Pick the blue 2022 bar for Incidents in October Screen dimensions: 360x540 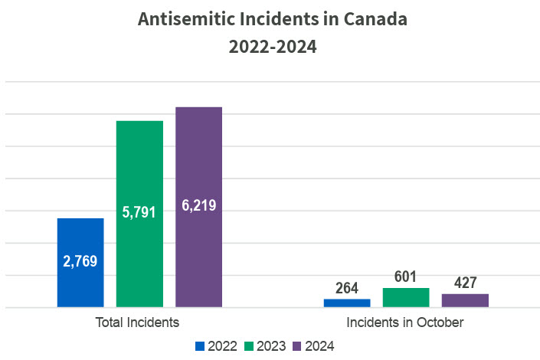pos(347,303)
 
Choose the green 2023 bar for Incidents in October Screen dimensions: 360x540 pos(406,298)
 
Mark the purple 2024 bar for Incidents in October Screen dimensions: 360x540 pos(465,300)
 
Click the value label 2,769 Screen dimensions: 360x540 pos(80,261)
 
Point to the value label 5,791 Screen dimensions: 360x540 pos(139,212)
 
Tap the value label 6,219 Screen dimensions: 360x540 pos(198,205)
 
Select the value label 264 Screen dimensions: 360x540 pos(347,289)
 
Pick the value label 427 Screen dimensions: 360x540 pos(465,283)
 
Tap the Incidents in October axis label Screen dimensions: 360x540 pos(405,322)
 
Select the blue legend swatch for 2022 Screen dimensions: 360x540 pos(201,345)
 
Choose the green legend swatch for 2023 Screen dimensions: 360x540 pos(249,345)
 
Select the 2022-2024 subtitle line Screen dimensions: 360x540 pos(272,47)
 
